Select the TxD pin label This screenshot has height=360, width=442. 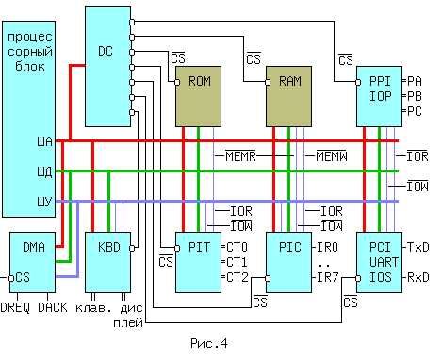tap(417, 246)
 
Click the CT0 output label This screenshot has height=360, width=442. tap(237, 246)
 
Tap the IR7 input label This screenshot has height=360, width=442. tap(327, 277)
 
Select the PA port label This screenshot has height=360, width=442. tap(415, 80)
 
